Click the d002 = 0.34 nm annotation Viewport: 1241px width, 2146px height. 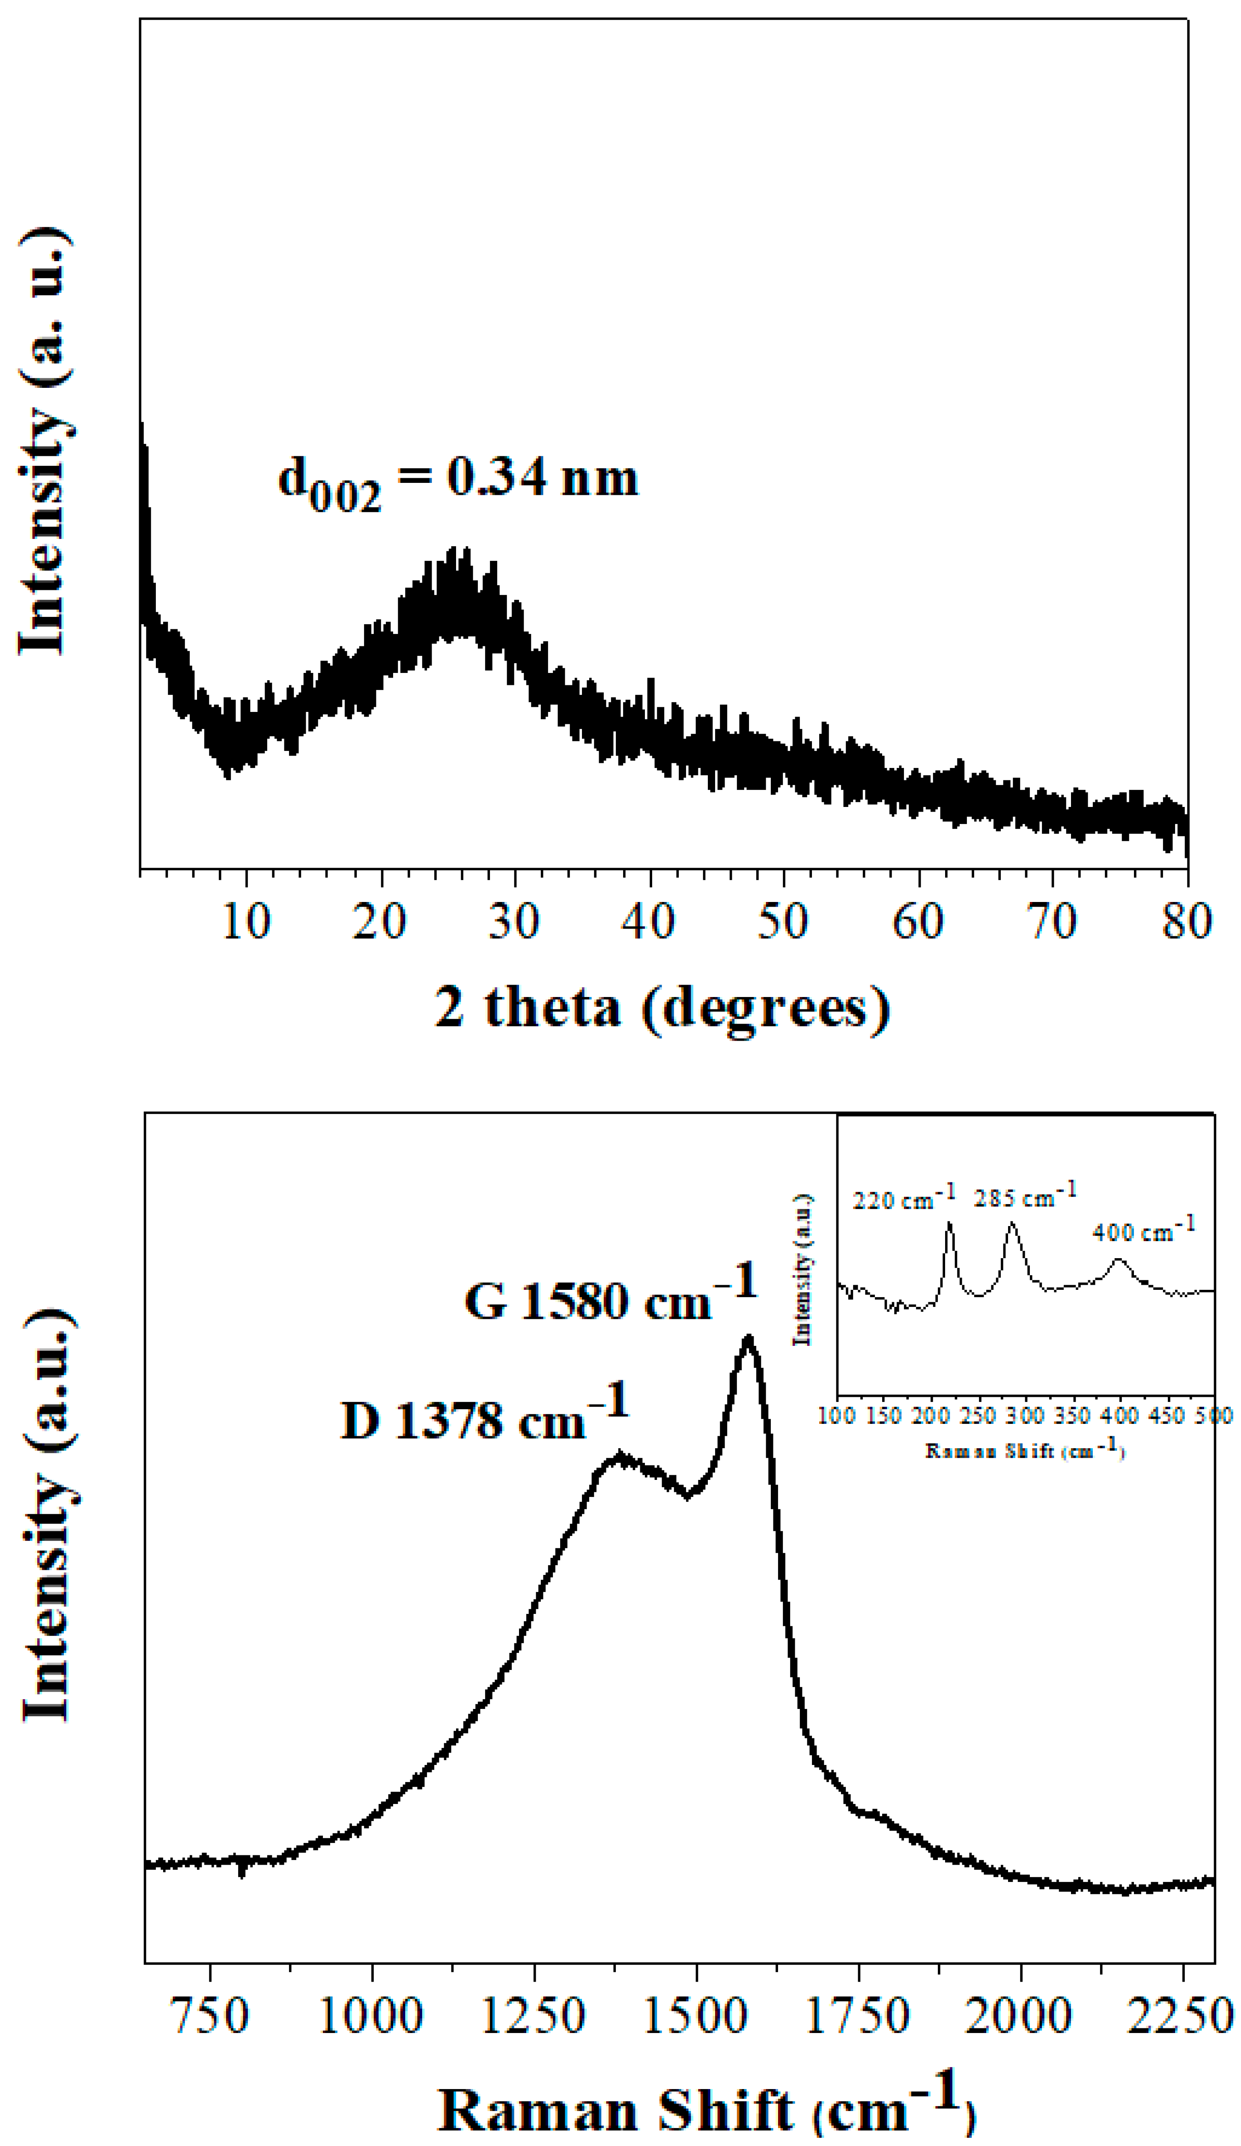click(x=457, y=482)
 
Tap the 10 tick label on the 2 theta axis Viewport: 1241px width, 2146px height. click(x=246, y=921)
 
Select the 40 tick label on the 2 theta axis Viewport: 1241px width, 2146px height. click(x=649, y=921)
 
